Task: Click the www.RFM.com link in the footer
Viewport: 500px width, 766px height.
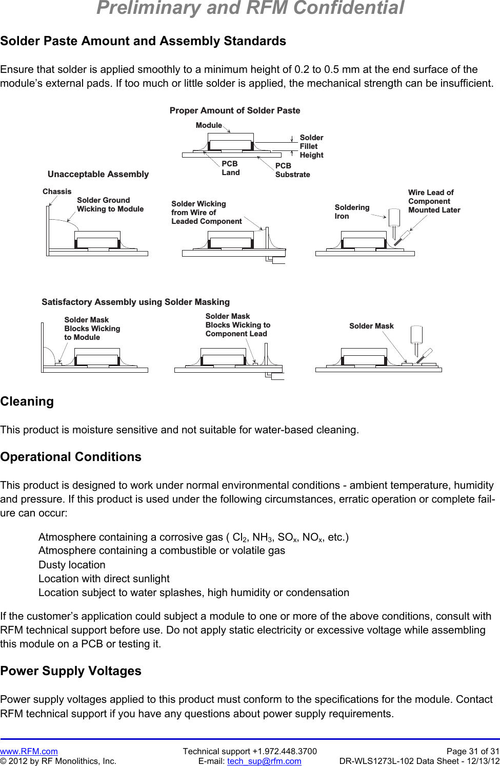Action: pos(29,751)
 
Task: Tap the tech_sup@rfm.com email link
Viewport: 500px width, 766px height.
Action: pos(264,761)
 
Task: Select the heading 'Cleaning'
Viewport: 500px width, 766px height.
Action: pos(27,401)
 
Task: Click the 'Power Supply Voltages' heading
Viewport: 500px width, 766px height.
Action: pos(71,671)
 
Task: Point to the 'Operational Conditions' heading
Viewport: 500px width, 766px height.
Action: pos(71,457)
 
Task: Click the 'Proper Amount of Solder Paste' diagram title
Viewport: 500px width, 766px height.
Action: pos(235,110)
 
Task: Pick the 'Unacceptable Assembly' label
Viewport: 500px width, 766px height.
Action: pos(98,174)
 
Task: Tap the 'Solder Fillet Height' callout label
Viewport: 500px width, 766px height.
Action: pos(311,146)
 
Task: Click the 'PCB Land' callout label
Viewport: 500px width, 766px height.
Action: pos(230,168)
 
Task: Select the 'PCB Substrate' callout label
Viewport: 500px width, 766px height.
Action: pos(292,170)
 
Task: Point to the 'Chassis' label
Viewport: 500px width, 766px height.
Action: pos(57,191)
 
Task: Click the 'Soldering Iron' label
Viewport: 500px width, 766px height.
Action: pos(352,212)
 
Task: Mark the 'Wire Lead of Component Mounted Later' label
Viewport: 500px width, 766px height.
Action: pos(434,201)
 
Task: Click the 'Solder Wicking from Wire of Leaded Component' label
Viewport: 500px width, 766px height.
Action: pos(206,213)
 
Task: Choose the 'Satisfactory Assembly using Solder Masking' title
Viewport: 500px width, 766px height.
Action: pos(135,302)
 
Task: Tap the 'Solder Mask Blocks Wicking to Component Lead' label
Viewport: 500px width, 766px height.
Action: pos(237,325)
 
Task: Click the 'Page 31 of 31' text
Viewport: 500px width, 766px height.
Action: pos(472,751)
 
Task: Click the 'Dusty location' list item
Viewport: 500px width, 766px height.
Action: pos(72,565)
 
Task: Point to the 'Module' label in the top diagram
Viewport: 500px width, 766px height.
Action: pos(209,125)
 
